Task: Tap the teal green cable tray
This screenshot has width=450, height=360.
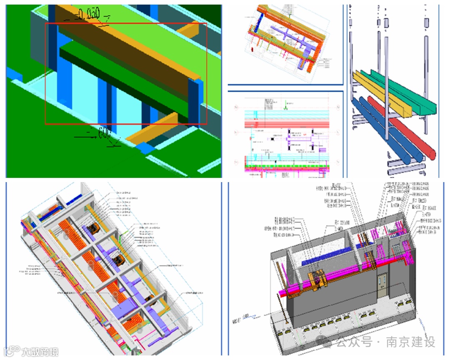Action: coord(400,87)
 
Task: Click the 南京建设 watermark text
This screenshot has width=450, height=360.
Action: coord(410,342)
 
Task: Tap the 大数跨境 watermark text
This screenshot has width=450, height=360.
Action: coord(40,352)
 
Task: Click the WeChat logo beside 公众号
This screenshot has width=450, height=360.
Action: coord(325,342)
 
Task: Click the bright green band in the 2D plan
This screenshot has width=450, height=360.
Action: coord(287,165)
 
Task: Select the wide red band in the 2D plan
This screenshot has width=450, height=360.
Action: coord(287,124)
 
